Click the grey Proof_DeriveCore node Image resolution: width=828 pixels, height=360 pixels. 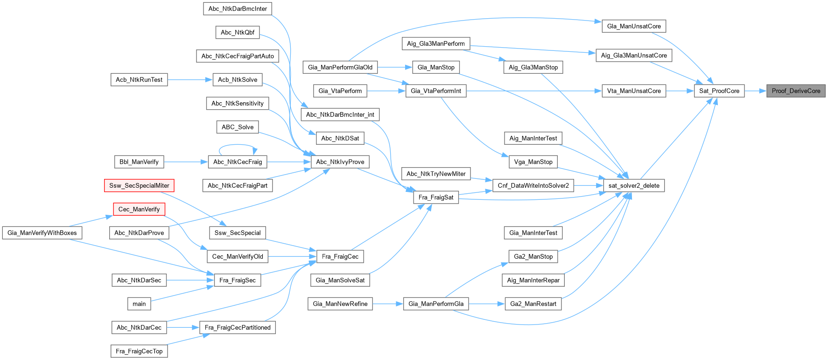pyautogui.click(x=796, y=91)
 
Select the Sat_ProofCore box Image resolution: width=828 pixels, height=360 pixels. pyautogui.click(x=719, y=91)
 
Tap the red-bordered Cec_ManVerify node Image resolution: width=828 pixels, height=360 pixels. pyautogui.click(x=139, y=209)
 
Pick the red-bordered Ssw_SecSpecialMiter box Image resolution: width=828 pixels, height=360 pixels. pyautogui.click(x=139, y=185)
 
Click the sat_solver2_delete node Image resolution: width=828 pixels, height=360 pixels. pyautogui.click(x=634, y=185)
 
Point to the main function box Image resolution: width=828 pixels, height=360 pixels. pyautogui.click(x=139, y=304)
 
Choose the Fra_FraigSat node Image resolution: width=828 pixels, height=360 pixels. pyautogui.click(x=436, y=197)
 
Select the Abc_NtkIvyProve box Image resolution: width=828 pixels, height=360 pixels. pyautogui.click(x=340, y=162)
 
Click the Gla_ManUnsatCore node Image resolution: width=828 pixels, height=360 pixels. pyautogui.click(x=634, y=26)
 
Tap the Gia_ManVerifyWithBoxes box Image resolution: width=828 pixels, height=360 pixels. pyautogui.click(x=42, y=233)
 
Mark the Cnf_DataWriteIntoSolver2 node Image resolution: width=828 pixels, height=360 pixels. pyautogui.click(x=533, y=185)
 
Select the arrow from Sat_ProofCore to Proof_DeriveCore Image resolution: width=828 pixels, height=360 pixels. pyautogui.click(x=755, y=91)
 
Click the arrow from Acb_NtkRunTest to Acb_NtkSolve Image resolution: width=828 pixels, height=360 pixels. pyautogui.click(x=189, y=80)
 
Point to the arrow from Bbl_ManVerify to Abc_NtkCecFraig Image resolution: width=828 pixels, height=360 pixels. pyautogui.click(x=185, y=162)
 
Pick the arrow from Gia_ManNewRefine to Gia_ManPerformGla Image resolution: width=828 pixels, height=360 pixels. pyautogui.click(x=387, y=304)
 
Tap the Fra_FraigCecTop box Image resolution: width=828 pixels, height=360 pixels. pyautogui.click(x=139, y=351)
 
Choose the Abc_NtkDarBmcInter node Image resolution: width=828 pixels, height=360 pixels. pyautogui.click(x=238, y=8)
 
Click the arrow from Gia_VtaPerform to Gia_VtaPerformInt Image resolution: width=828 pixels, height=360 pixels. pyautogui.click(x=386, y=91)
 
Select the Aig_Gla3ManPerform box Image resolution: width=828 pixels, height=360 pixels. pyautogui.click(x=436, y=44)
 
